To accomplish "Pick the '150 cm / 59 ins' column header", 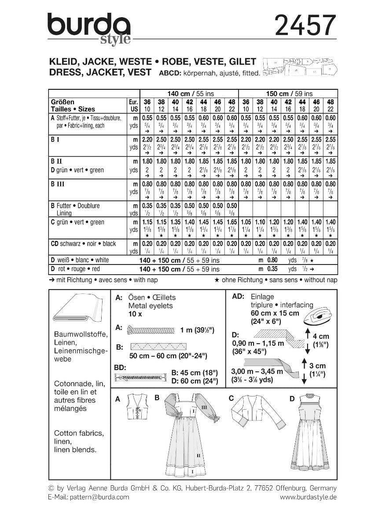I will click(x=288, y=93).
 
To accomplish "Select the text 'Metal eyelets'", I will click(x=151, y=305).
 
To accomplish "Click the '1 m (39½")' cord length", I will click(x=207, y=330).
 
